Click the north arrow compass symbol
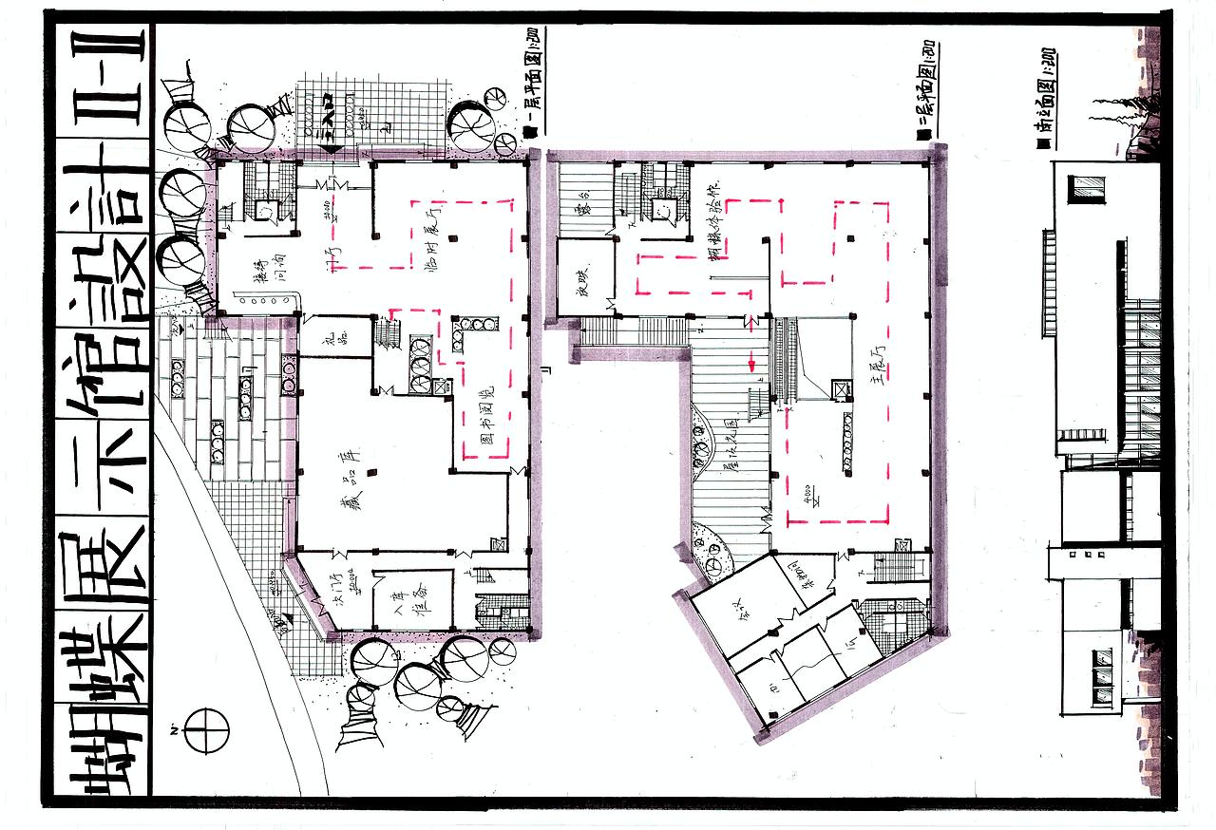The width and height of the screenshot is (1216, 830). [x=206, y=730]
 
